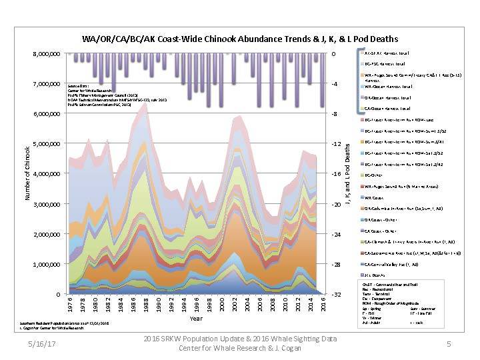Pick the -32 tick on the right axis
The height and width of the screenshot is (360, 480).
(x=338, y=295)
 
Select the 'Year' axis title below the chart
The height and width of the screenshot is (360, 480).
(x=196, y=319)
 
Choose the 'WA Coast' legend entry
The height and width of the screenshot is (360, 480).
(x=375, y=197)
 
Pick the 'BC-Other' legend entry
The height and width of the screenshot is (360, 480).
(x=373, y=175)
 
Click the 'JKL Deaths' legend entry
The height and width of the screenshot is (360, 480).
(x=375, y=275)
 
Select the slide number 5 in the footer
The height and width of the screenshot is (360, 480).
(x=449, y=344)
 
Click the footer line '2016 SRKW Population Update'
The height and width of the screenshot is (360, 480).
(x=240, y=339)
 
